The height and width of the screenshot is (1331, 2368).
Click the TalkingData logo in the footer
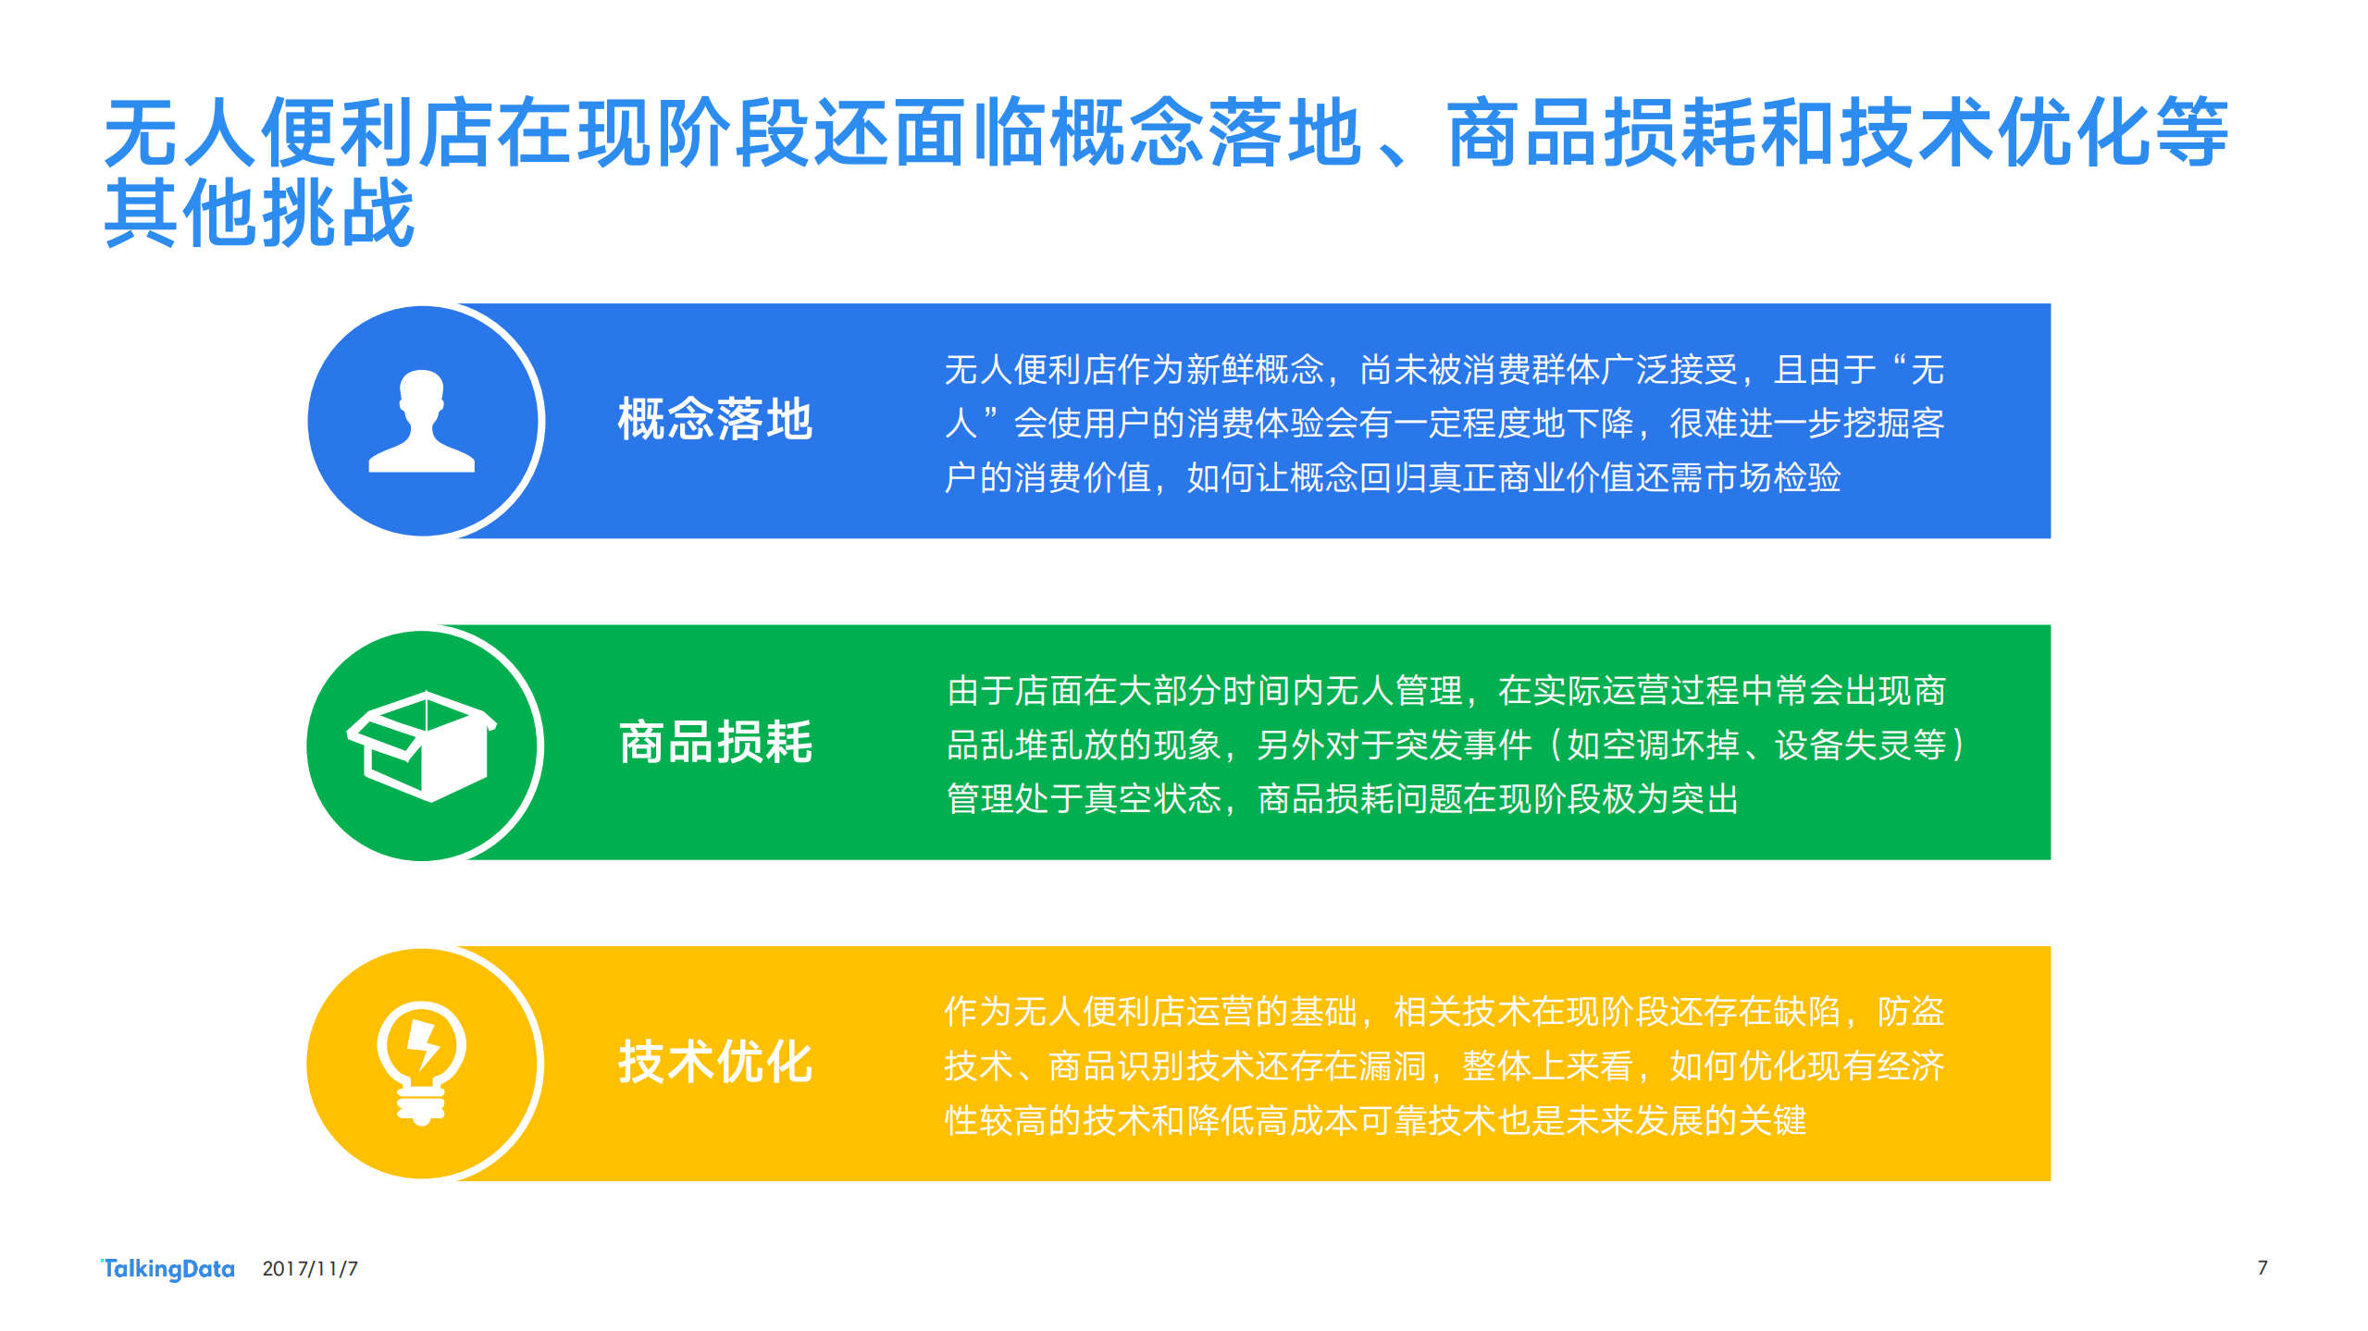(x=167, y=1268)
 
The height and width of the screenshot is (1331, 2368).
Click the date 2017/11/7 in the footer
(x=310, y=1268)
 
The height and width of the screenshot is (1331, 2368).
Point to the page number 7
(x=2262, y=1267)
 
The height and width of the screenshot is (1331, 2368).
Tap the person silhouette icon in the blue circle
(x=422, y=422)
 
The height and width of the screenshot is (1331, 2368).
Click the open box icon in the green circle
(x=422, y=745)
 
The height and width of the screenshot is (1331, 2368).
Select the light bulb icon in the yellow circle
(x=422, y=1063)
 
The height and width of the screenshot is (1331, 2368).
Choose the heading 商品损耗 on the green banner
(x=714, y=742)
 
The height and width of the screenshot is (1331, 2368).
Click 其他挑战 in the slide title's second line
(x=259, y=214)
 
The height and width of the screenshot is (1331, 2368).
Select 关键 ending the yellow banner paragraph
(x=1771, y=1121)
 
